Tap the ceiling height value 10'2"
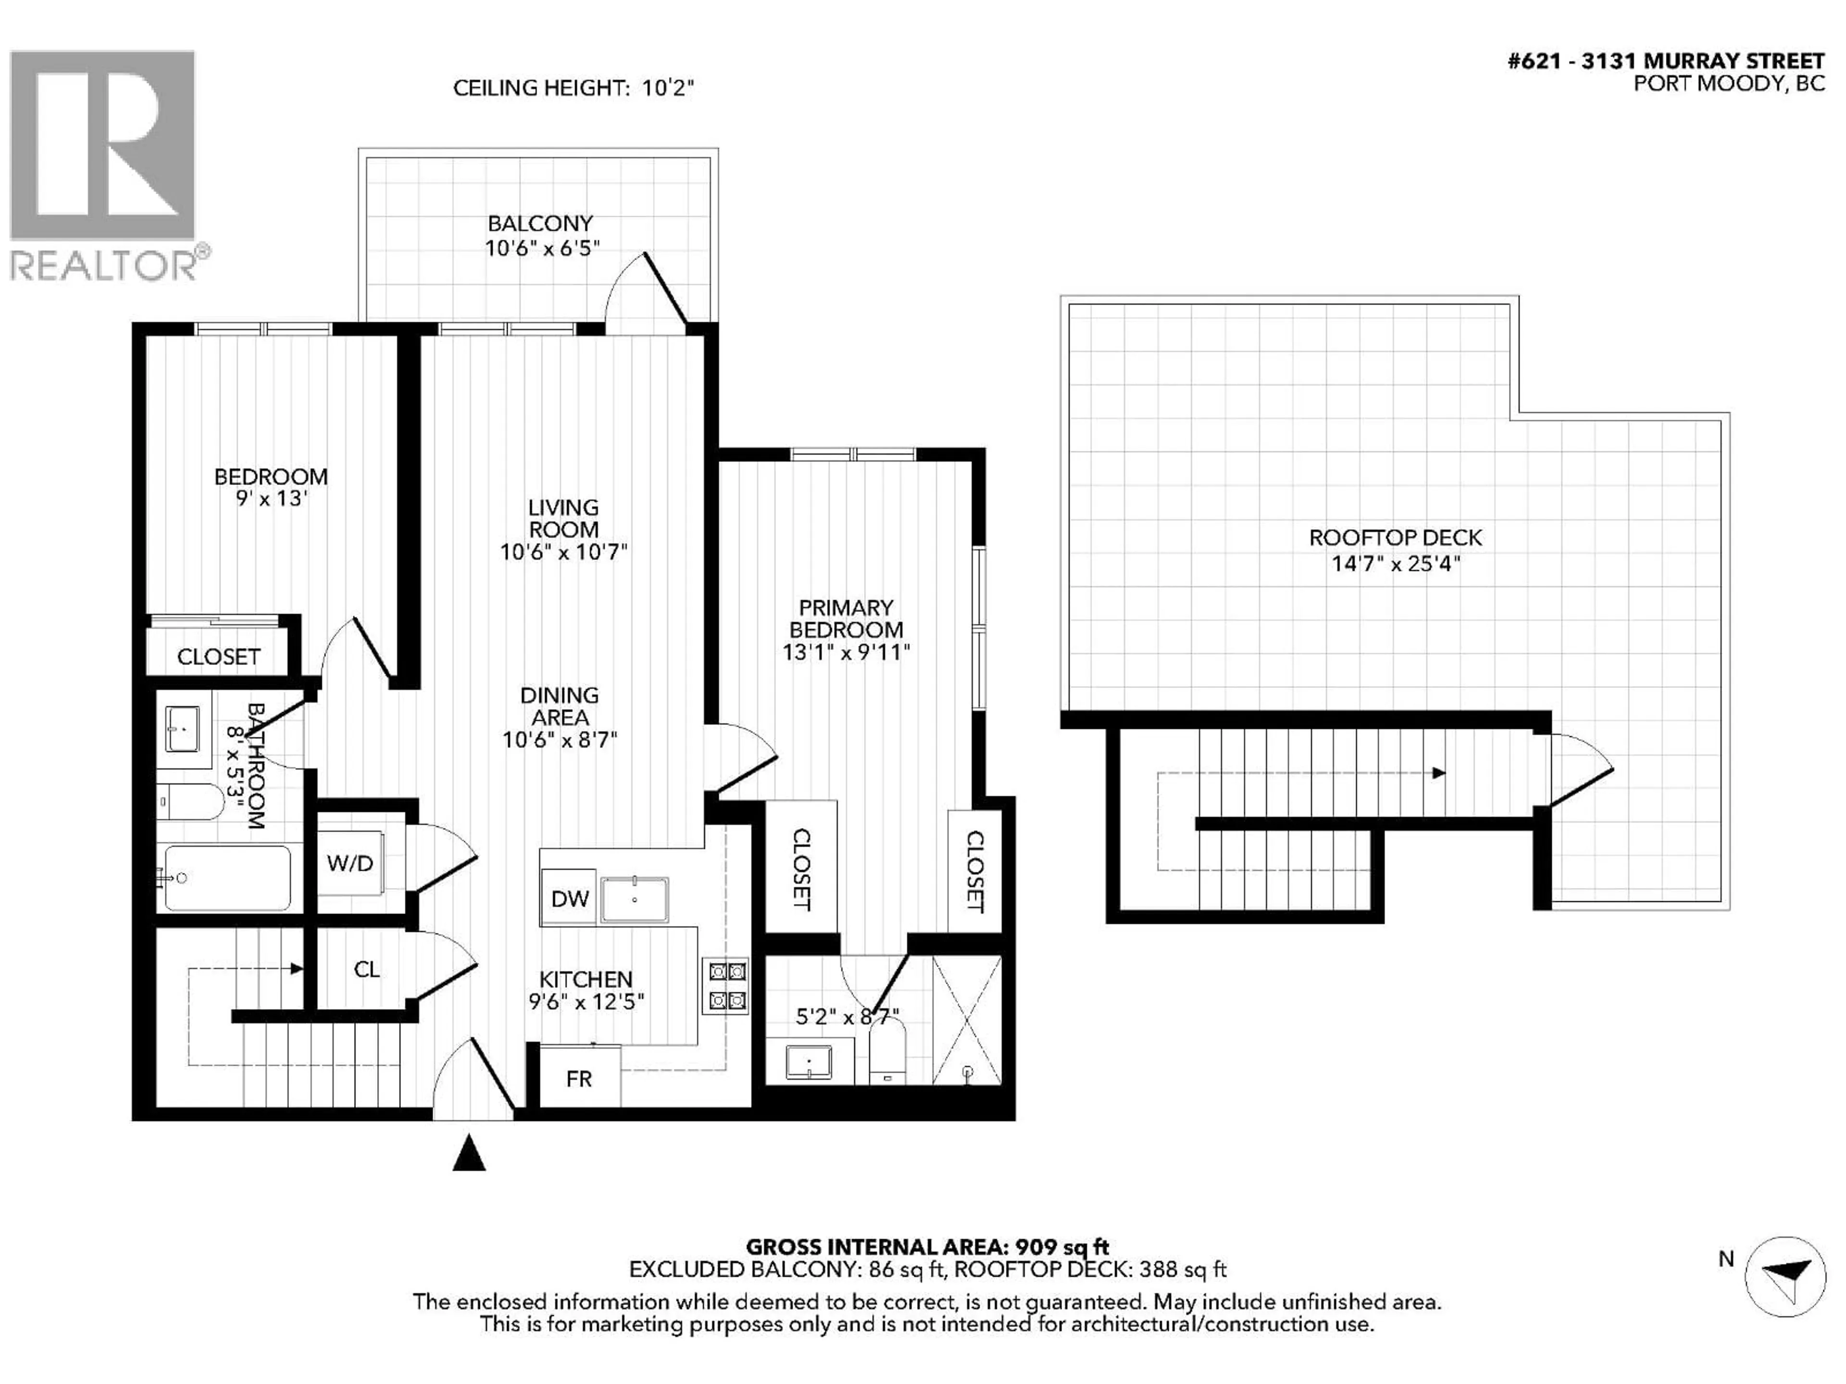pyautogui.click(x=668, y=87)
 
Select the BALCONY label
pyautogui.click(x=540, y=223)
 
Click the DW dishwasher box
pyautogui.click(x=570, y=899)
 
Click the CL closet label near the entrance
pyautogui.click(x=366, y=969)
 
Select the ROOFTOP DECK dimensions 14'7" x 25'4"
pyautogui.click(x=1396, y=564)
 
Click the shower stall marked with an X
pyautogui.click(x=966, y=1019)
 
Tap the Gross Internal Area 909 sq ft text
pyautogui.click(x=926, y=1247)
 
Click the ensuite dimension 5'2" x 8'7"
pyautogui.click(x=847, y=1016)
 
